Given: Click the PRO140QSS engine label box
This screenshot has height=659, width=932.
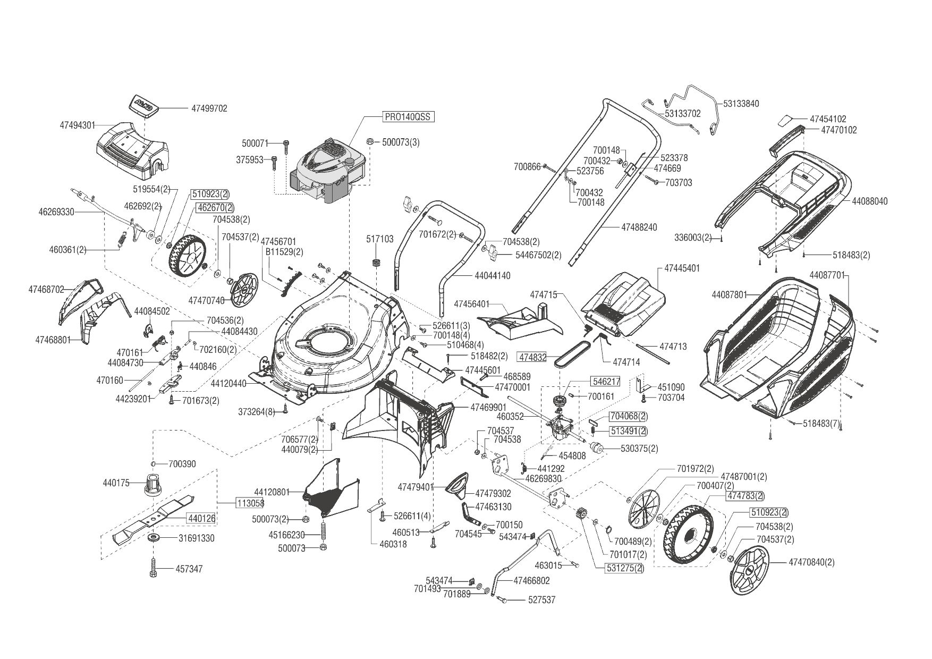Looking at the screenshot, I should (408, 117).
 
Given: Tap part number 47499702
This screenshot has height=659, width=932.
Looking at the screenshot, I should (209, 108).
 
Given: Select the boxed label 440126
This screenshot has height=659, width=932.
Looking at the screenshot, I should (200, 518).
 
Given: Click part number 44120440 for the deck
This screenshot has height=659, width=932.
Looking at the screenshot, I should (228, 383).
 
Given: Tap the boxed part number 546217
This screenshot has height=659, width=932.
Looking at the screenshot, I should (605, 382).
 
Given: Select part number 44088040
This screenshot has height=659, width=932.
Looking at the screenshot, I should (869, 201).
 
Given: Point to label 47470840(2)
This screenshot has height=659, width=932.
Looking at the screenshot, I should (811, 562).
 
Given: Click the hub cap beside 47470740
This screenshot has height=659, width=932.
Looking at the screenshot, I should (245, 290).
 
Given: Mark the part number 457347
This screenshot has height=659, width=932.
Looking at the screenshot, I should (189, 569).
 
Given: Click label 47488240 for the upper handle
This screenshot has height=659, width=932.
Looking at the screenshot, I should (639, 227).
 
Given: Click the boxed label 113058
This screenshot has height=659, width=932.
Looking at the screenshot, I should (250, 503).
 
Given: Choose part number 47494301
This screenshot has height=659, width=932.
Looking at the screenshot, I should (78, 125).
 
